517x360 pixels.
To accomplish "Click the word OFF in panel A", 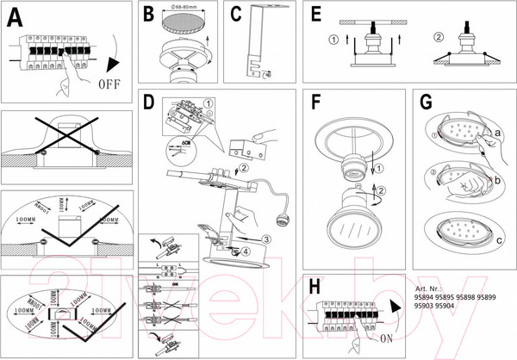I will click(x=114, y=85).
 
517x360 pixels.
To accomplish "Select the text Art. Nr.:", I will click(x=431, y=289).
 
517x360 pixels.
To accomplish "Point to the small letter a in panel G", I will click(x=497, y=133).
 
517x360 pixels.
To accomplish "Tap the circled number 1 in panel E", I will click(x=334, y=39).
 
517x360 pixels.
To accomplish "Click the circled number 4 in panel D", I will click(x=245, y=251).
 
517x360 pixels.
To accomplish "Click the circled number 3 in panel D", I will click(x=267, y=239).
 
